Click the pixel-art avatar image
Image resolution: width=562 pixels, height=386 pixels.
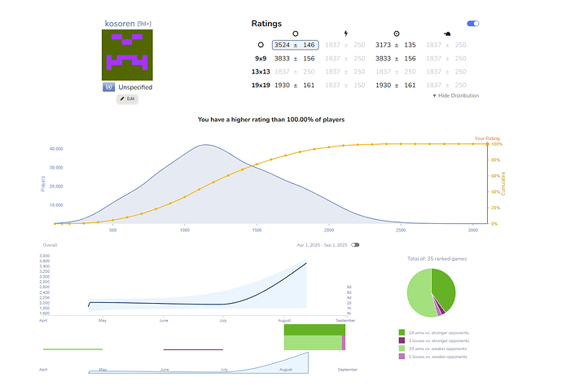126,55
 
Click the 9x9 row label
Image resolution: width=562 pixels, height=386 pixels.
261,59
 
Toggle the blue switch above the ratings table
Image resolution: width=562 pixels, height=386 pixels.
472,24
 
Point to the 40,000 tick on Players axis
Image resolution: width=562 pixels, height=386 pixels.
56,149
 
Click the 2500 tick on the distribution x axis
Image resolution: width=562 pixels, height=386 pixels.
401,231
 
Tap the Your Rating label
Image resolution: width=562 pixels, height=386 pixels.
487,138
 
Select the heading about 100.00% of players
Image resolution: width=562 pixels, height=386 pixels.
270,120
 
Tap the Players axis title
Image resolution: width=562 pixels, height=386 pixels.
42,184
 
